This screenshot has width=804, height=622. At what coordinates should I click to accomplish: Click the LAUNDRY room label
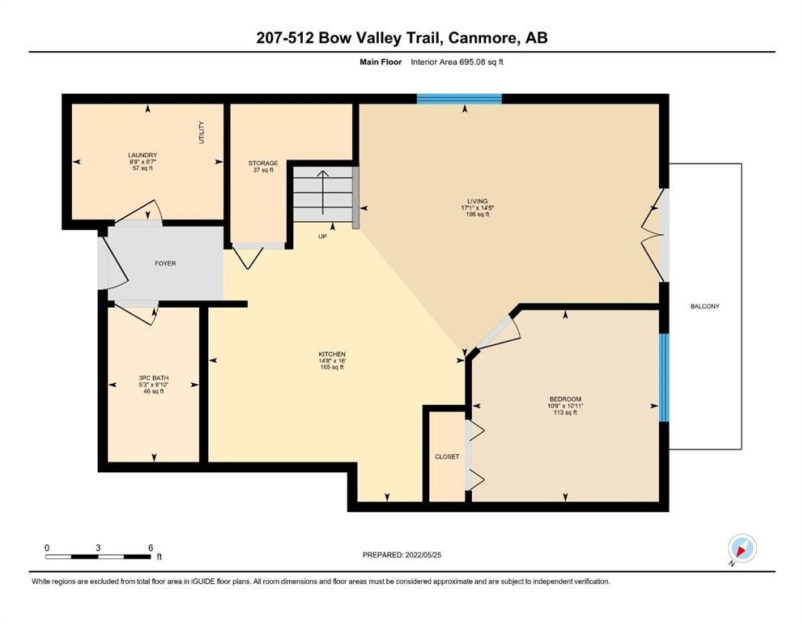[143, 155]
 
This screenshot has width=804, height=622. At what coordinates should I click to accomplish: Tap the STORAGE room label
[263, 163]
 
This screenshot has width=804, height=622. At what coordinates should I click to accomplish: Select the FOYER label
[165, 263]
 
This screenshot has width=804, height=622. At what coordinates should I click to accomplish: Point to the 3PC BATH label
[153, 378]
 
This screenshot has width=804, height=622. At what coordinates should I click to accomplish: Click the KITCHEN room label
[332, 354]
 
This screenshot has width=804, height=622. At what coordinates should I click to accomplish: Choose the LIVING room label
[478, 201]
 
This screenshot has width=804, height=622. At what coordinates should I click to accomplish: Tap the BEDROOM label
[565, 399]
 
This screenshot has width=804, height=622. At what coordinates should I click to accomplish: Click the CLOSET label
[447, 456]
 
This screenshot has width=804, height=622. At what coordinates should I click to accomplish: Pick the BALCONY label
[704, 306]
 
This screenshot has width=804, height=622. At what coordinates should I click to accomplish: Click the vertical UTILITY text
[202, 132]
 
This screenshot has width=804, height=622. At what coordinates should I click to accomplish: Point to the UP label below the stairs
[322, 236]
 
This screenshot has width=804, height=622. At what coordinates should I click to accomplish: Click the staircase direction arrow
[322, 192]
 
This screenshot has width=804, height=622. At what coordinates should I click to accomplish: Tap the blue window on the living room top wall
[459, 99]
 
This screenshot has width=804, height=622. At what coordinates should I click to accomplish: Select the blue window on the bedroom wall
[663, 377]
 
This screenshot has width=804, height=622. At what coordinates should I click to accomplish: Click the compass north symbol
[742, 549]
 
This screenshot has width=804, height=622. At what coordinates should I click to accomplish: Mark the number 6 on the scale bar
[151, 547]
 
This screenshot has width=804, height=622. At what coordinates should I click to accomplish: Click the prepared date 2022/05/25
[423, 555]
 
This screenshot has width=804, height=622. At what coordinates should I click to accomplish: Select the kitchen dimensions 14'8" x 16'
[332, 360]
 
